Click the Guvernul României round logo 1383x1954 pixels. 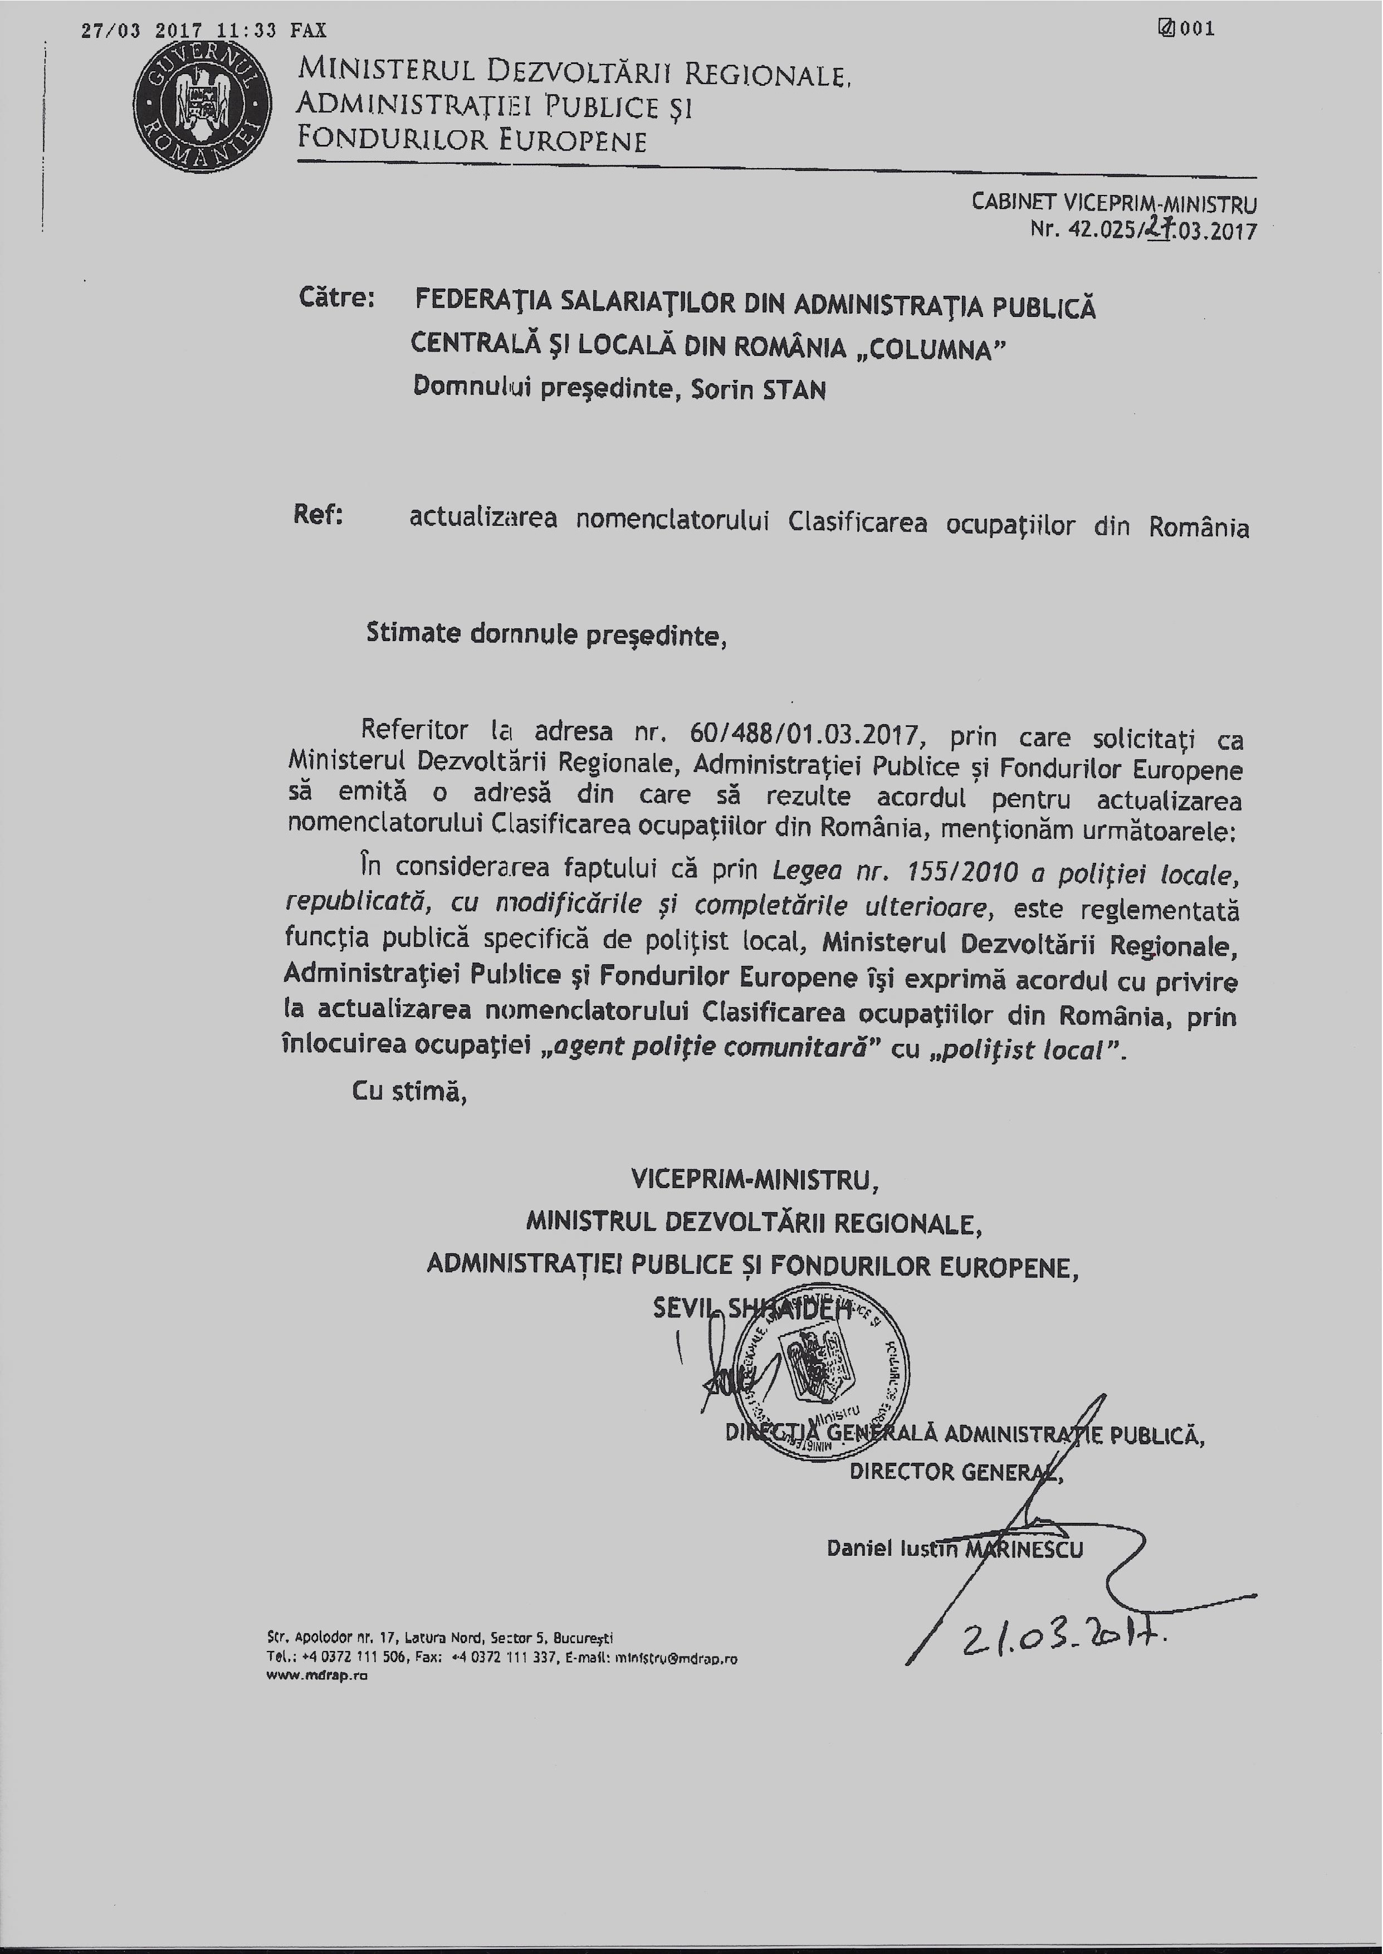pos(202,106)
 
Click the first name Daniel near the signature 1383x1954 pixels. pos(859,1548)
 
